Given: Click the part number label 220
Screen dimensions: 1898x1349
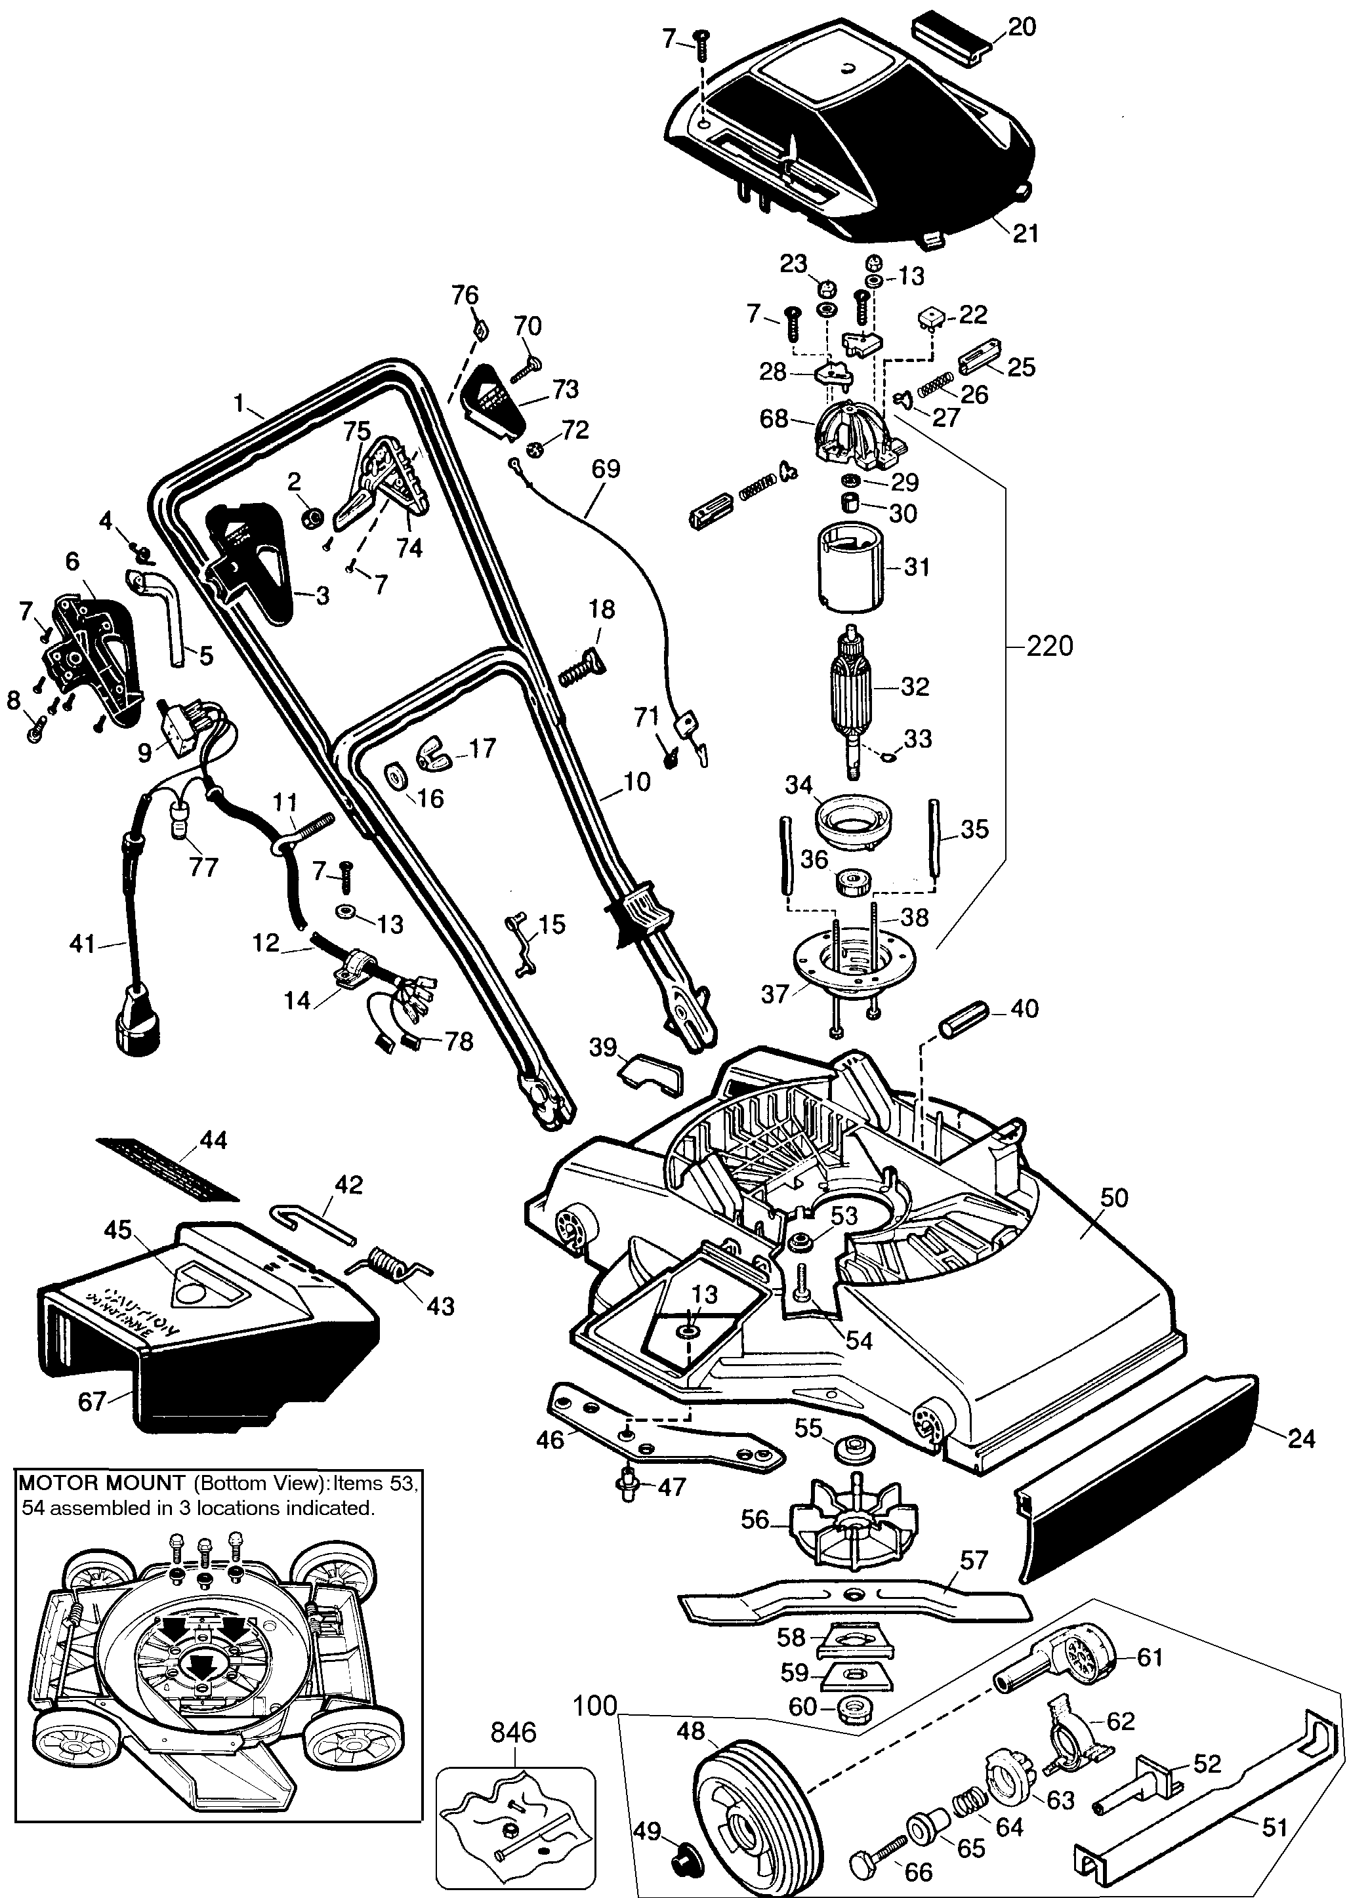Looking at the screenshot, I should [x=1050, y=645].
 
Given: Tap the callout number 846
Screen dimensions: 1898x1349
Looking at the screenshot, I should [x=513, y=1733].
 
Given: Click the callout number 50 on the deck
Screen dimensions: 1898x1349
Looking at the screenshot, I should [x=1114, y=1198].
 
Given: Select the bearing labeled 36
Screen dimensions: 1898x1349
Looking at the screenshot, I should [x=853, y=881].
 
